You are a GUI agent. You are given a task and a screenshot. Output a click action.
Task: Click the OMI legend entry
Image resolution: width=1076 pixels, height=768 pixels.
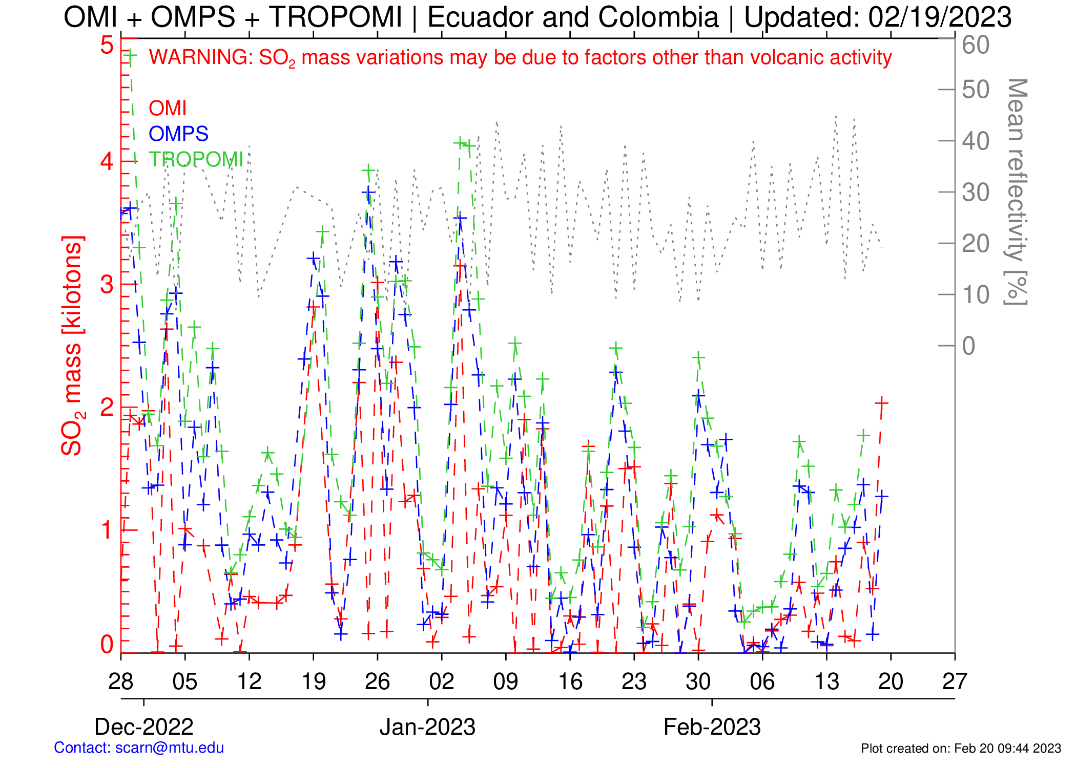(x=167, y=109)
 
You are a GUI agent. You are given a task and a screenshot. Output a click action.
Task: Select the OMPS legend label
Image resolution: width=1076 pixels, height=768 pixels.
(x=178, y=134)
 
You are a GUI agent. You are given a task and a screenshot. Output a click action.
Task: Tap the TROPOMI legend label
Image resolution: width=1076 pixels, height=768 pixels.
(x=196, y=160)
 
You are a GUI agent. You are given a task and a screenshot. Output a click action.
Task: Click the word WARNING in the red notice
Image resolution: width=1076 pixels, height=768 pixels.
(x=200, y=57)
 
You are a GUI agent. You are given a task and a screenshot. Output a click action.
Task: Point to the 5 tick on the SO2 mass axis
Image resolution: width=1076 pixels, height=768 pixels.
(x=107, y=45)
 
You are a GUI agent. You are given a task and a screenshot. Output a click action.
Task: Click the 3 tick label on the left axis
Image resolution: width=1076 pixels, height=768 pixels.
(x=107, y=285)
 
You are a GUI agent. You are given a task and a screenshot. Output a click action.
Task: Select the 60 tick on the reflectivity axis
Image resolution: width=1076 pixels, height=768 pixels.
(x=976, y=45)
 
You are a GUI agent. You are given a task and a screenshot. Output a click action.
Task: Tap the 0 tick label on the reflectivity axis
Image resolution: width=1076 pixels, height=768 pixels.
(x=968, y=346)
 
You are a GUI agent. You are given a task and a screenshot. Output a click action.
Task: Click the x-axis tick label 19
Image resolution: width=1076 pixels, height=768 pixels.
(x=313, y=681)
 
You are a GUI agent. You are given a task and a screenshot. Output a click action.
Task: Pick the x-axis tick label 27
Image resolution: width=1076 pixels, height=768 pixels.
(x=955, y=681)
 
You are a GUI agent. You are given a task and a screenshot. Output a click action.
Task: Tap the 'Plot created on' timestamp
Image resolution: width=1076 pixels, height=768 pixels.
(x=961, y=749)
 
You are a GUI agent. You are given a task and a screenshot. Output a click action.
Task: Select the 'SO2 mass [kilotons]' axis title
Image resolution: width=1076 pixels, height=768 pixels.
(x=72, y=346)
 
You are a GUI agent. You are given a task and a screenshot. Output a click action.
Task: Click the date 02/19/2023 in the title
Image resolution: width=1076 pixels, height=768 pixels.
(x=940, y=17)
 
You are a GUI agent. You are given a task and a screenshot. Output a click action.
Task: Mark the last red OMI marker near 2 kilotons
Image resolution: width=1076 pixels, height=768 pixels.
(x=881, y=403)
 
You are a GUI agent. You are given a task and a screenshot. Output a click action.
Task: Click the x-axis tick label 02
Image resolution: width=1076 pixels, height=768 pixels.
(x=442, y=681)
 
